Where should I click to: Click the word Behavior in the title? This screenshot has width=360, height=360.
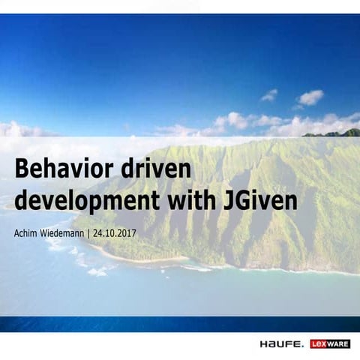(62, 169)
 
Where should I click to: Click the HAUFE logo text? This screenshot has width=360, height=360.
(281, 344)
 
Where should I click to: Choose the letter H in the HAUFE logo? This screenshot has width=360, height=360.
(265, 344)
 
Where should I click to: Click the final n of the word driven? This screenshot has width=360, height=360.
(188, 171)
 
